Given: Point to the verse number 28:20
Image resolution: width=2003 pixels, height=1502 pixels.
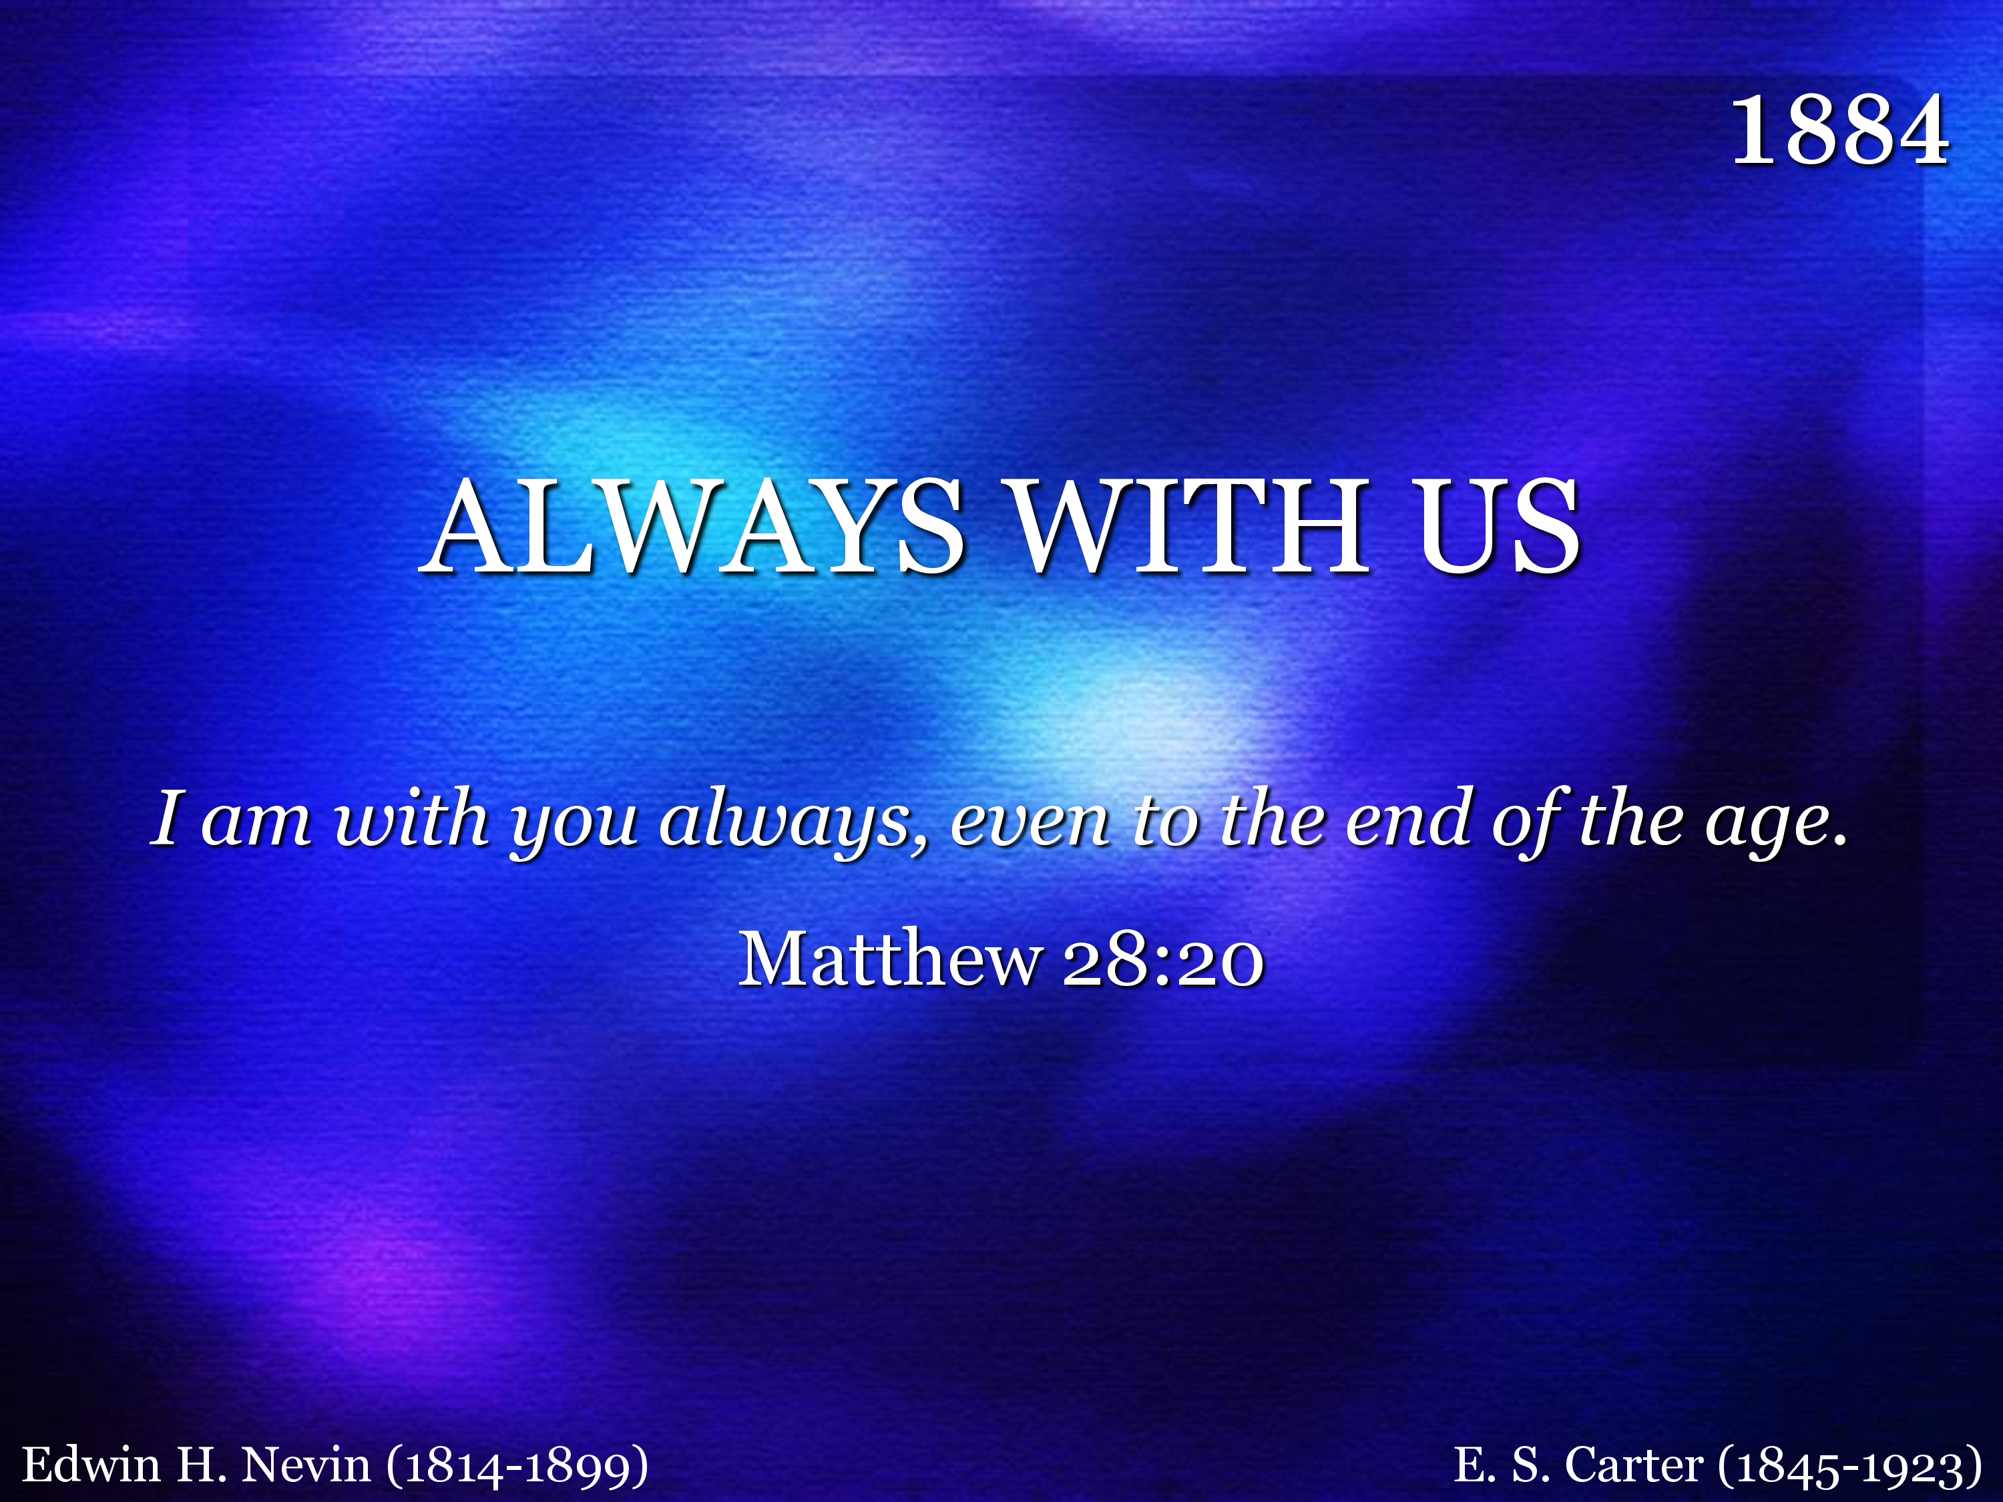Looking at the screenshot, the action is point(1162,960).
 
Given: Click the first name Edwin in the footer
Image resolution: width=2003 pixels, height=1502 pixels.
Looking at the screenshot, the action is point(91,1464).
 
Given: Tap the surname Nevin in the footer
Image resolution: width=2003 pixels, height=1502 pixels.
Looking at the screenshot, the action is point(306,1465).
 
